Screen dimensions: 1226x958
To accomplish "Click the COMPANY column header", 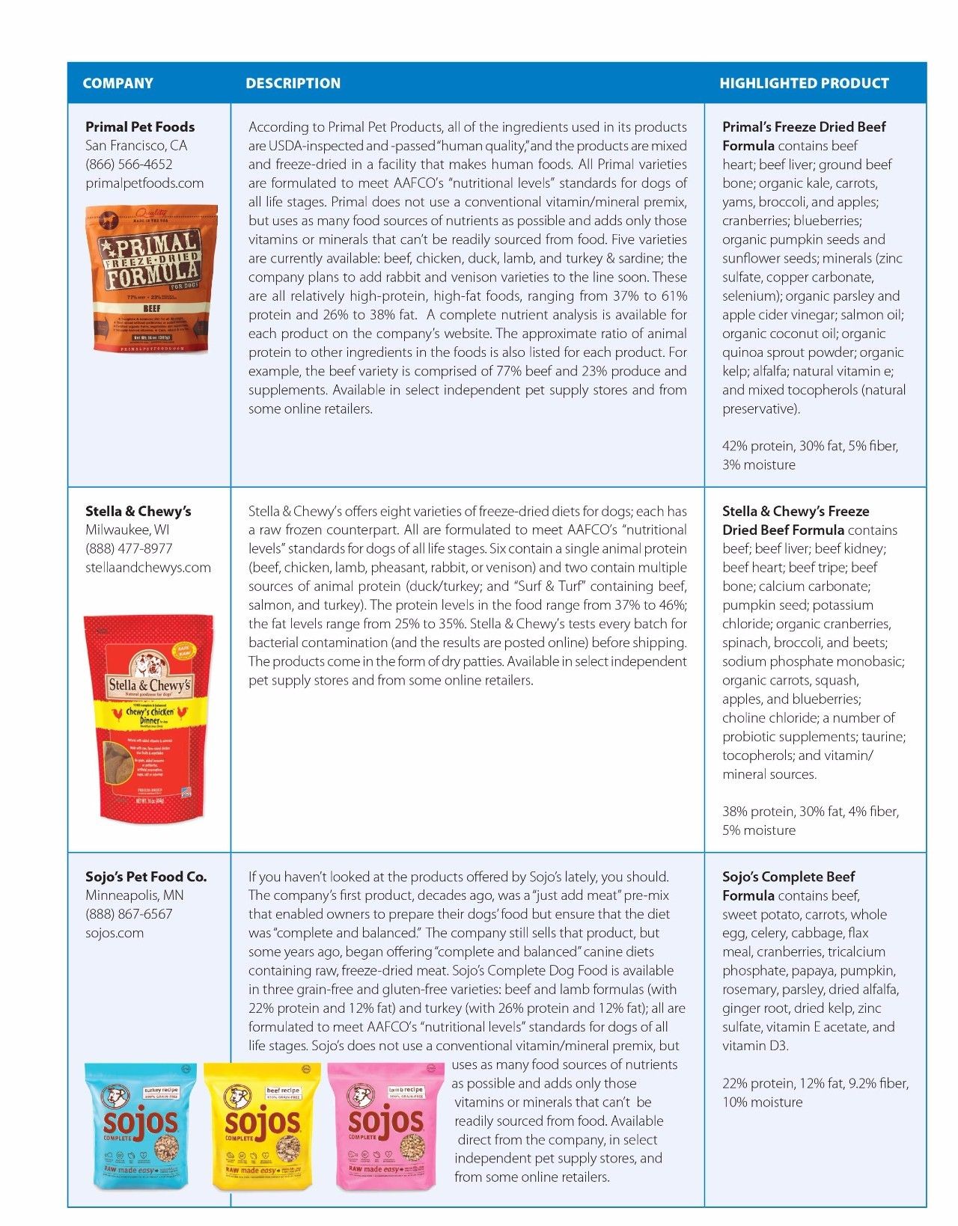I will tap(118, 83).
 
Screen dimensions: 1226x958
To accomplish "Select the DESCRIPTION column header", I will tap(293, 83).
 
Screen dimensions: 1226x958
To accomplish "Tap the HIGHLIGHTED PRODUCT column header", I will tap(804, 83).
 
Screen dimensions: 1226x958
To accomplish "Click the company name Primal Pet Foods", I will tap(140, 127).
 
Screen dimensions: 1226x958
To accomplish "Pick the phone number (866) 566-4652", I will tap(129, 165).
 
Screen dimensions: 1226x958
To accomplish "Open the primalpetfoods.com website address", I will tap(144, 183).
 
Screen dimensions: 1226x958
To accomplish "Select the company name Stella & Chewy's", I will tap(138, 512).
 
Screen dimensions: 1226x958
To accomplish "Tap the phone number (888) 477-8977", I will tap(129, 548).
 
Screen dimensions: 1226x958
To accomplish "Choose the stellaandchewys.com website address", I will tap(148, 567).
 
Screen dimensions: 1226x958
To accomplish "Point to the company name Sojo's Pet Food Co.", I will tap(146, 877).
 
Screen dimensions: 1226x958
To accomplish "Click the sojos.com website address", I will tap(115, 933).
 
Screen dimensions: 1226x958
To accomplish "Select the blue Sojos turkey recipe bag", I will tap(140, 1127).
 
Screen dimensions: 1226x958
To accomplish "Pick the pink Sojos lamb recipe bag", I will tap(385, 1127).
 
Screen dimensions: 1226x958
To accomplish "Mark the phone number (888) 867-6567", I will tap(129, 914).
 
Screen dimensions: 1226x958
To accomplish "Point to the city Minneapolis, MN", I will tap(135, 895).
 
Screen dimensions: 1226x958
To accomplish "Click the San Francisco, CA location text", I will tap(136, 146).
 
